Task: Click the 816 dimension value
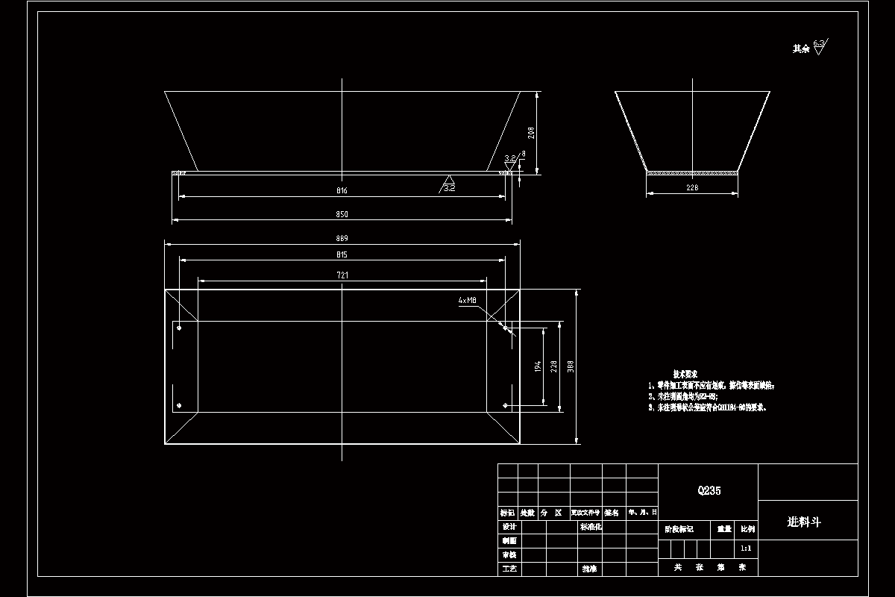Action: click(342, 191)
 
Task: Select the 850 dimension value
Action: click(342, 215)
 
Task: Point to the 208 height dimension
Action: click(531, 133)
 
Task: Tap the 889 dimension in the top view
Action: click(342, 239)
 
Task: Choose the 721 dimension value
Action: click(342, 275)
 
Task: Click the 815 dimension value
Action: click(342, 255)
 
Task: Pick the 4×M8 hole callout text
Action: click(468, 301)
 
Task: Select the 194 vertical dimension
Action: click(538, 366)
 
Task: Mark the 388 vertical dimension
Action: click(571, 366)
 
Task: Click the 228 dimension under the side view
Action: click(691, 189)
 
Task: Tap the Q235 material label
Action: click(709, 491)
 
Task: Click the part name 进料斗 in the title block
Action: click(804, 522)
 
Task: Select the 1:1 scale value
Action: click(745, 548)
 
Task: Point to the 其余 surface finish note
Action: click(801, 49)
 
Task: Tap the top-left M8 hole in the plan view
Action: click(179, 327)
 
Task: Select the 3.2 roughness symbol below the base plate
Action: click(449, 183)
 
